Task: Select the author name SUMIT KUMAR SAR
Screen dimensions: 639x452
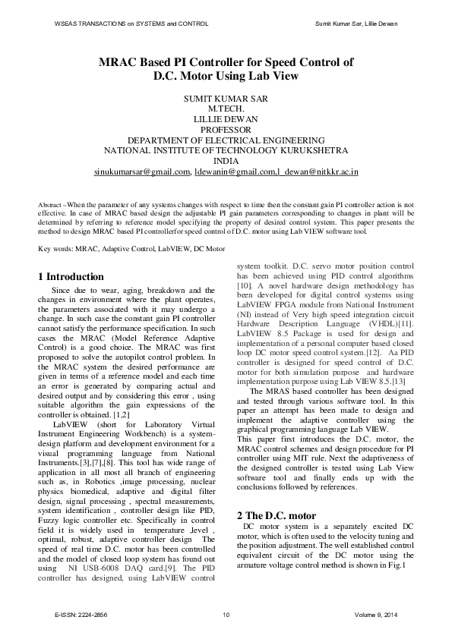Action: (x=226, y=99)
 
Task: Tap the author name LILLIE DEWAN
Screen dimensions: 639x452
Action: (x=226, y=120)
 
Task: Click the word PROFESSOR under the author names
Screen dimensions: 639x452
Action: (x=226, y=131)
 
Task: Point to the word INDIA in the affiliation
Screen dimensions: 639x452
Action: (x=226, y=162)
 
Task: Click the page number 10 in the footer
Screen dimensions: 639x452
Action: (x=226, y=613)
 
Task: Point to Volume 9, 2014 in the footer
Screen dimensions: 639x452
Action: (x=376, y=613)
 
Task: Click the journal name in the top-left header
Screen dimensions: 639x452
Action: (x=121, y=24)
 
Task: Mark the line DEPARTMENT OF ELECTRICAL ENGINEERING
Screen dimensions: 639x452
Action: (x=226, y=141)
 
